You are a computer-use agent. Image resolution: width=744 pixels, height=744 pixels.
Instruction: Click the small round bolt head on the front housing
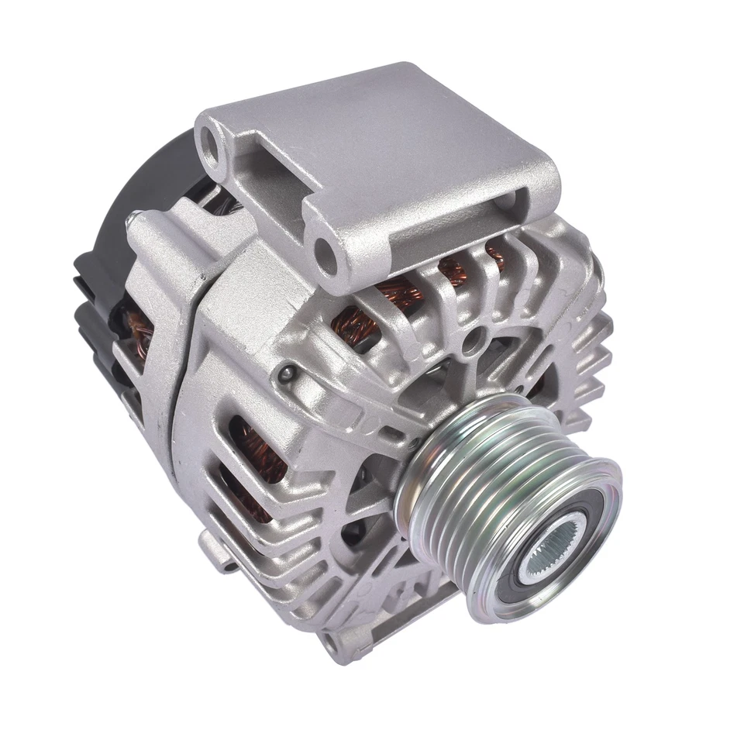[289, 374]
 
